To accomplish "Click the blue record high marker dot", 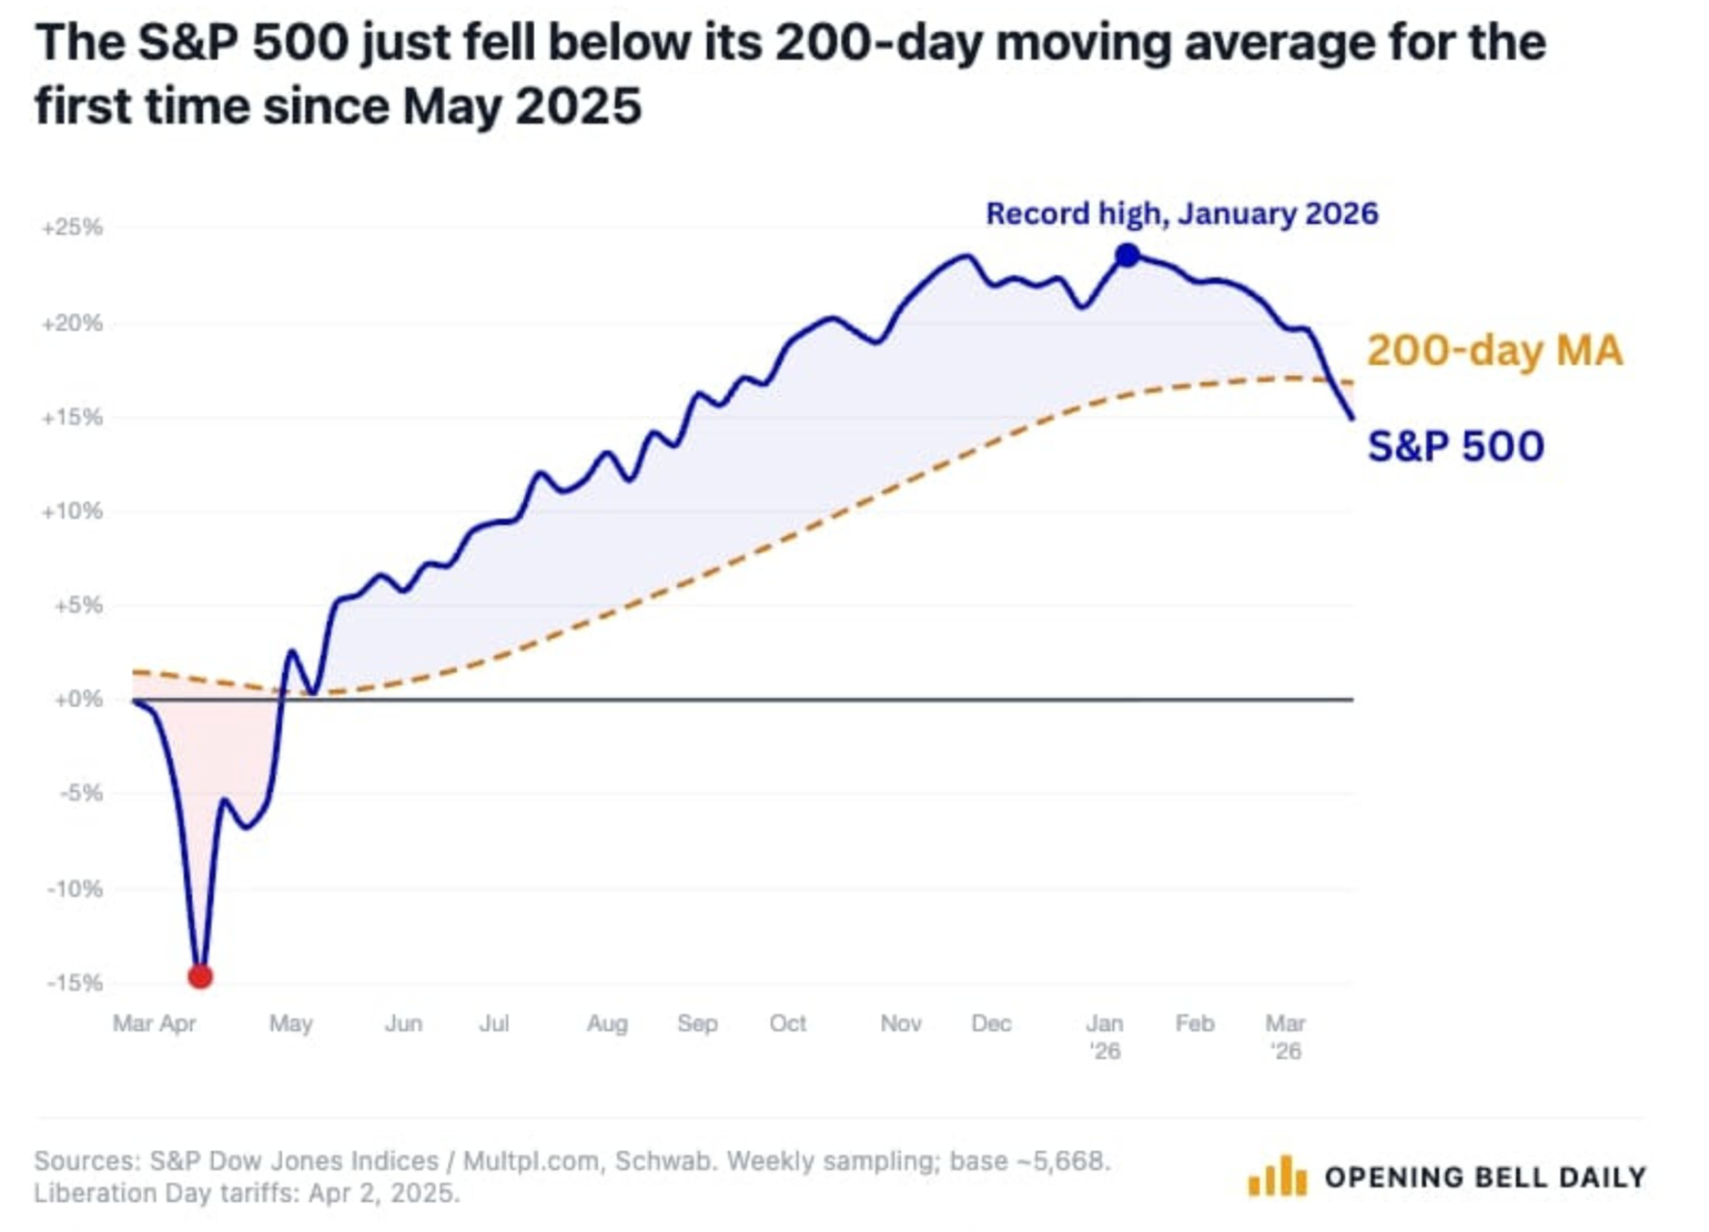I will point(1127,256).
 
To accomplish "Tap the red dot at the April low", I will point(200,976).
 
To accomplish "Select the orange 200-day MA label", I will point(1494,350).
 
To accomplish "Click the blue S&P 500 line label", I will point(1455,446).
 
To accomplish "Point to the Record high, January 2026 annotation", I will point(1181,213).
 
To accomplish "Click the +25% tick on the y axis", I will point(72,228).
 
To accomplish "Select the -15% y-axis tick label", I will point(74,983).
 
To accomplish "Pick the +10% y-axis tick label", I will point(72,511).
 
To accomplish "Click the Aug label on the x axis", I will point(606,1023).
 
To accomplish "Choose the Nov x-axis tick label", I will point(900,1023).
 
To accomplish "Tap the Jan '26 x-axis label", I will point(1105,1035).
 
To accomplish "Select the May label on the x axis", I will point(291,1023).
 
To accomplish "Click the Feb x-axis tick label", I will point(1194,1023).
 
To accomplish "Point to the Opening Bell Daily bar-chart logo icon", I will point(1276,1176).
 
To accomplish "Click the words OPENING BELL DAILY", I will point(1485,1177).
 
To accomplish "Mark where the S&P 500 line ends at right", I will point(1351,417).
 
